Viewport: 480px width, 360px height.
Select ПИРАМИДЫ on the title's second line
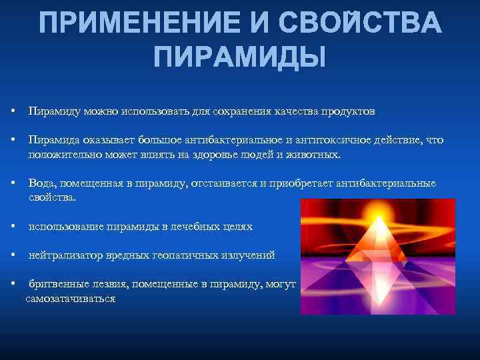(240, 57)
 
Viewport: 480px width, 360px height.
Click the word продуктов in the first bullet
(351, 111)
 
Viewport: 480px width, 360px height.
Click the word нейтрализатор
(63, 255)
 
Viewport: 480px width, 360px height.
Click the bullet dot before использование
(14, 227)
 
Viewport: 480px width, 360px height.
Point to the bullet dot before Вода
(14, 183)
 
